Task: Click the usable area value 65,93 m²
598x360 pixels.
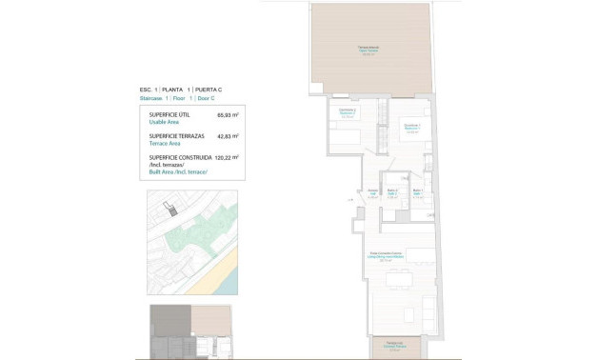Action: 227,114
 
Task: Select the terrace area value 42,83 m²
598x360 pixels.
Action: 227,136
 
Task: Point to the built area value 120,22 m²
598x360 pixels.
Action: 225,157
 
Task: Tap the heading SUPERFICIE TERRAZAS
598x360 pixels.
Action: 178,136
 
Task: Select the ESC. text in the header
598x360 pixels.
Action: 147,89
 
